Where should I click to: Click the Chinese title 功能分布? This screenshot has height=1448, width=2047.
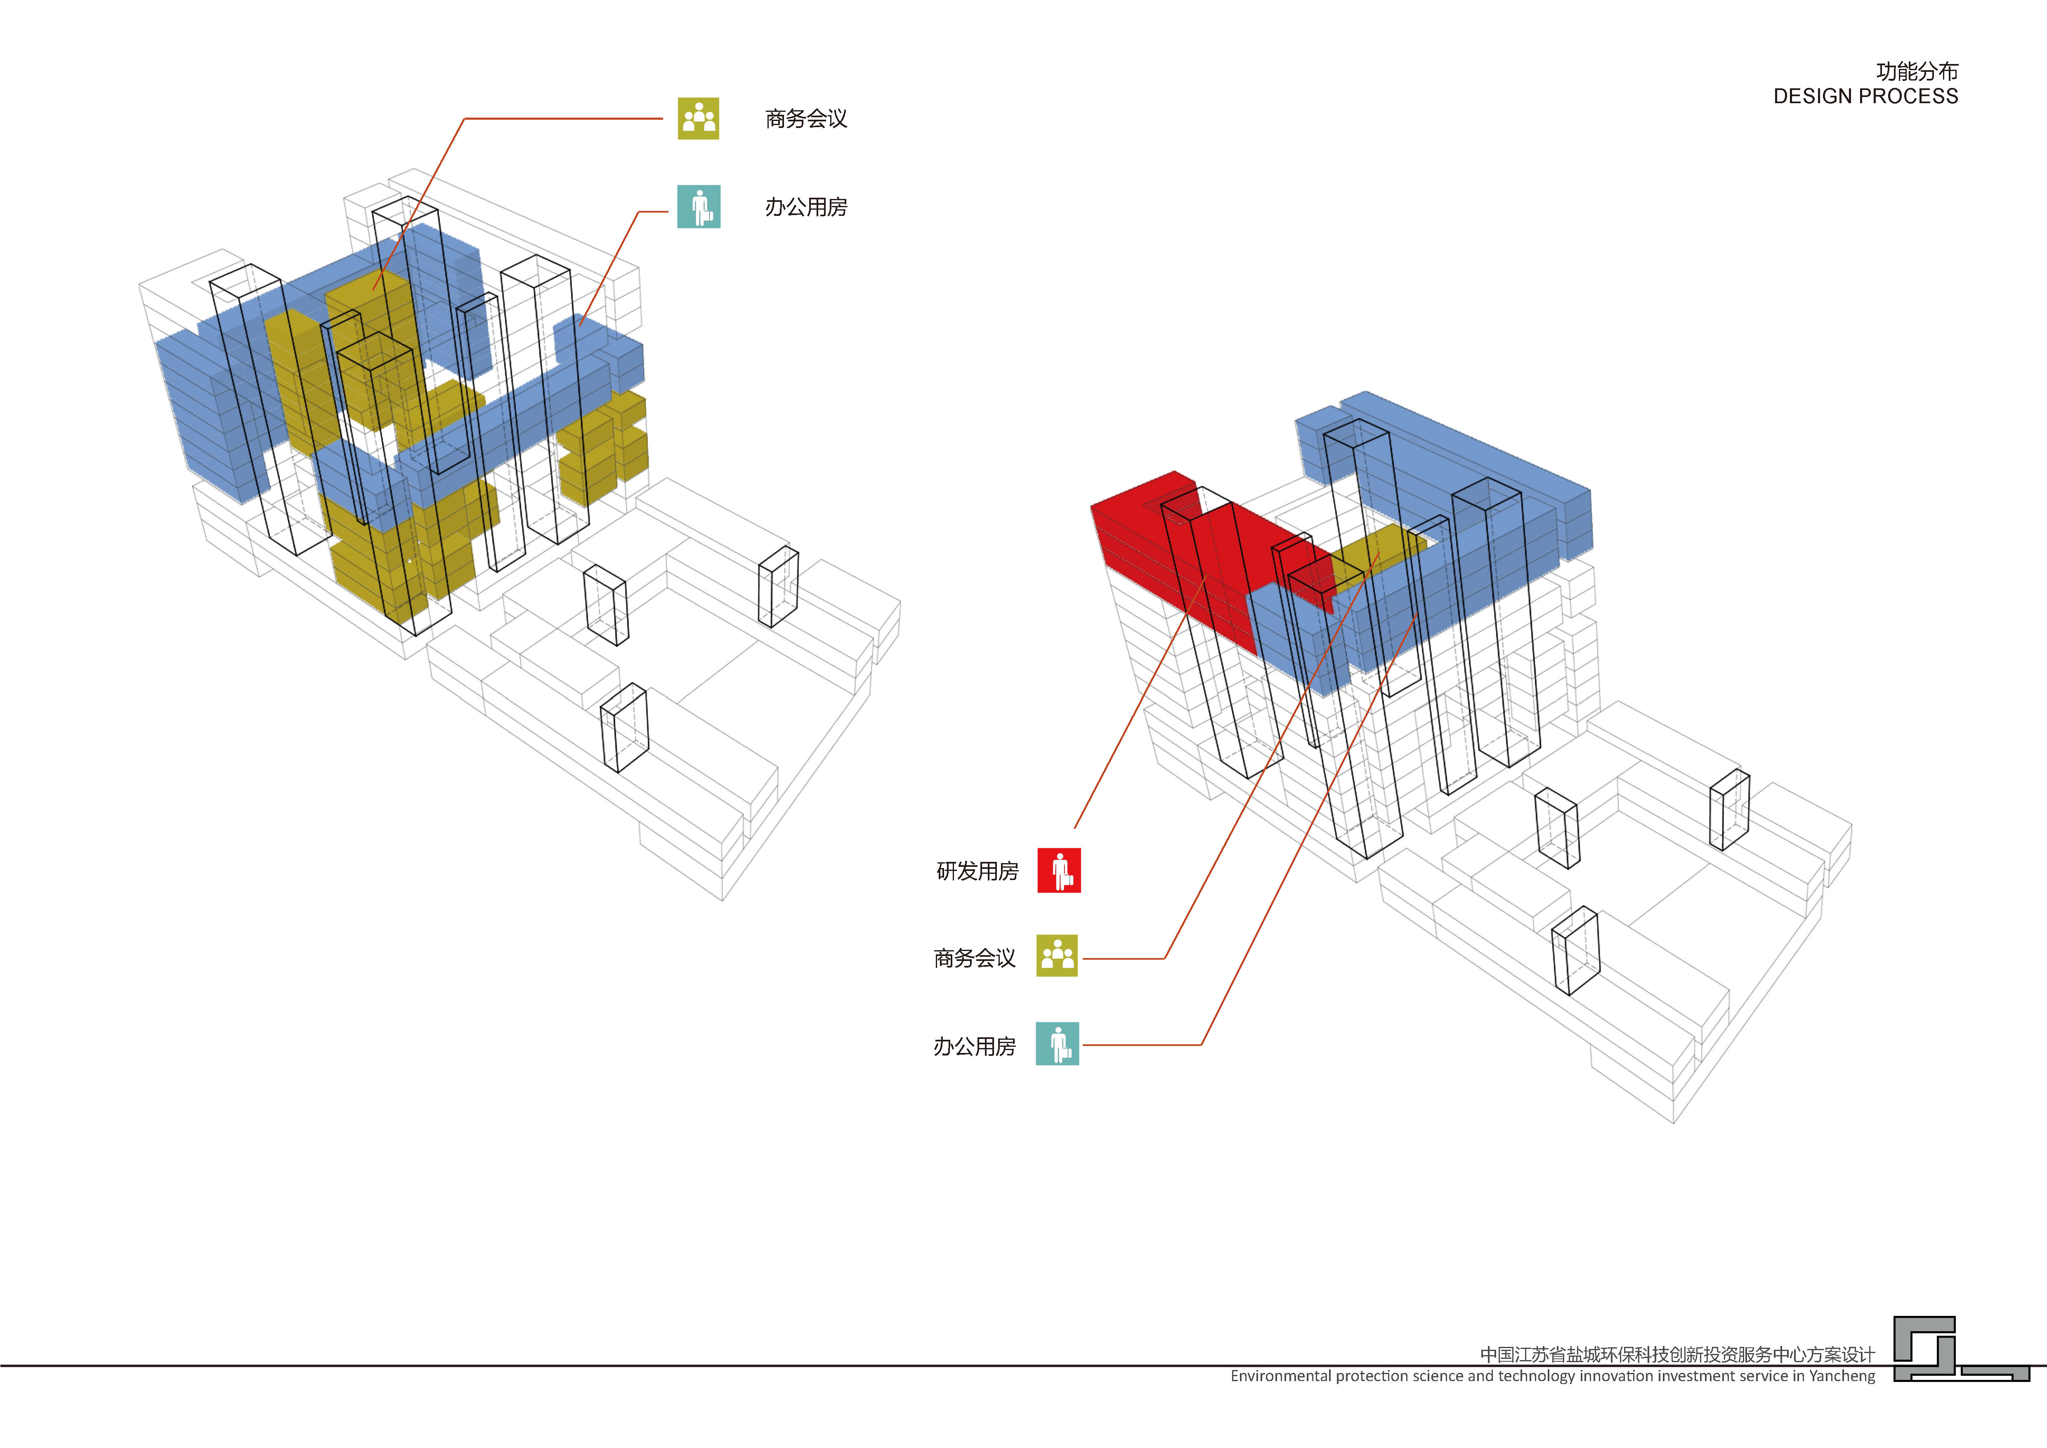pos(1917,71)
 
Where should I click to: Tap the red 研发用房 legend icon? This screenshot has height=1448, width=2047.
pos(1059,870)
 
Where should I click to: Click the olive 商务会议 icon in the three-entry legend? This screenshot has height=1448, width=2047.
pos(1058,956)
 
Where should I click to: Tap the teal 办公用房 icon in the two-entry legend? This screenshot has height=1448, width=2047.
pos(699,207)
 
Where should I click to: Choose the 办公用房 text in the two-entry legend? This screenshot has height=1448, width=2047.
pos(806,207)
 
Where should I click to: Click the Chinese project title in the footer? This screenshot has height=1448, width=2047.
pos(1678,1354)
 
